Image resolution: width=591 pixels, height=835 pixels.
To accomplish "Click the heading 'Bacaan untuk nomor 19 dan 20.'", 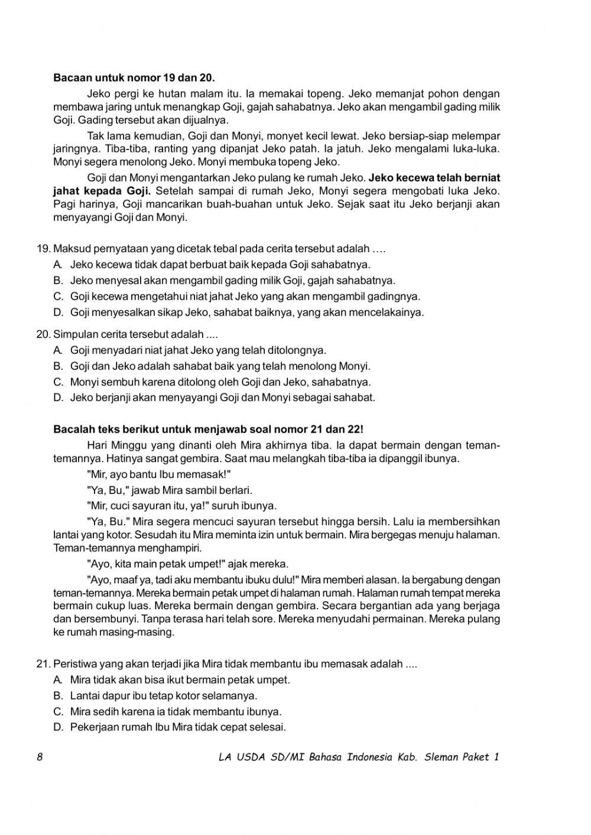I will [134, 77].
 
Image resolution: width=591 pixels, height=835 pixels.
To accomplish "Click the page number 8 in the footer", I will [40, 757].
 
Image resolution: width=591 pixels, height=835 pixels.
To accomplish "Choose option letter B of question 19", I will [58, 280].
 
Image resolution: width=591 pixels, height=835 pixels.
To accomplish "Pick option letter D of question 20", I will [58, 397].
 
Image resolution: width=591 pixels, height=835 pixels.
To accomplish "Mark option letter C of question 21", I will [58, 711].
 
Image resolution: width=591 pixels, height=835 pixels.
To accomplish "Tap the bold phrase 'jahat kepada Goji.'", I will [102, 191].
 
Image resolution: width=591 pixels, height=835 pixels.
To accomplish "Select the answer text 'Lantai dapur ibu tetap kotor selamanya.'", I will [164, 696].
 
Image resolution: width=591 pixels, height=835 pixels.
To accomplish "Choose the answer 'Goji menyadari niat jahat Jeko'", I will [198, 350].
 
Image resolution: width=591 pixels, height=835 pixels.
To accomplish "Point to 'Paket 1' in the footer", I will [483, 757].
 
